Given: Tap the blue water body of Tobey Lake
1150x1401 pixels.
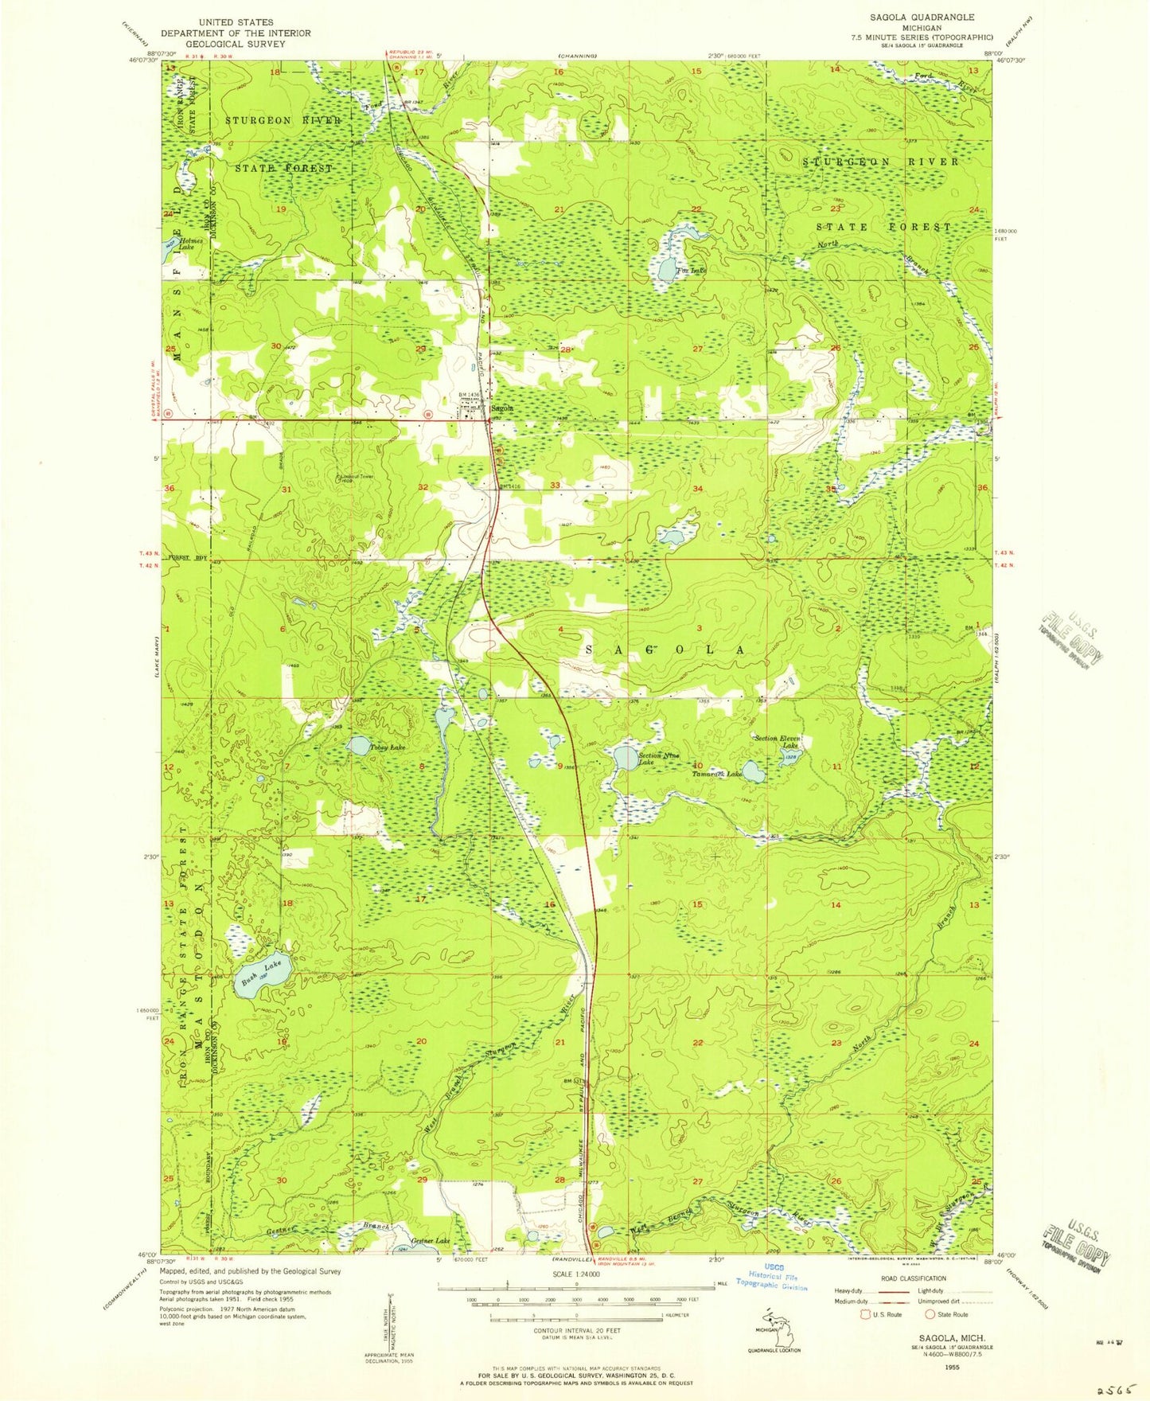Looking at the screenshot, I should (x=359, y=745).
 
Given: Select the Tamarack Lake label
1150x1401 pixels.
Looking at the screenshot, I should (x=716, y=774).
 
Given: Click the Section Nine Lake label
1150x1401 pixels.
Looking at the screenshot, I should (x=657, y=759).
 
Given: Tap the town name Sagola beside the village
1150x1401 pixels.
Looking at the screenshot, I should (x=501, y=408).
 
